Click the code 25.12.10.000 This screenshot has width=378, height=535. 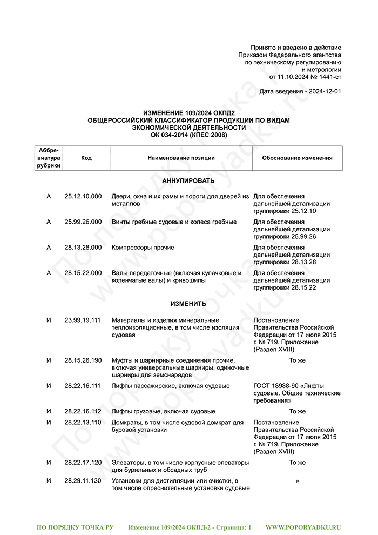click(83, 196)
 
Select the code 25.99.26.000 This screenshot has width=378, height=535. click(83, 222)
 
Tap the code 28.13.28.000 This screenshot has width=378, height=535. click(83, 248)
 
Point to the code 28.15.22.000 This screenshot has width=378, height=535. click(83, 273)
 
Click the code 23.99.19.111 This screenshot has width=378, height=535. click(83, 320)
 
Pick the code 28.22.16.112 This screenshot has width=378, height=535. click(83, 411)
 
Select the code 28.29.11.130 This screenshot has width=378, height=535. click(83, 480)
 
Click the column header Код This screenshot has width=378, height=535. click(86, 158)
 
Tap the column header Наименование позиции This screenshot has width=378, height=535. click(181, 158)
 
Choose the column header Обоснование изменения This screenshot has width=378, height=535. click(297, 158)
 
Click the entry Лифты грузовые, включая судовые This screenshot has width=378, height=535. click(163, 411)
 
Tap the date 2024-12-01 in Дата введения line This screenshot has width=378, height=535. click(325, 92)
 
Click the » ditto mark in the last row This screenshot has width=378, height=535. click(297, 480)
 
